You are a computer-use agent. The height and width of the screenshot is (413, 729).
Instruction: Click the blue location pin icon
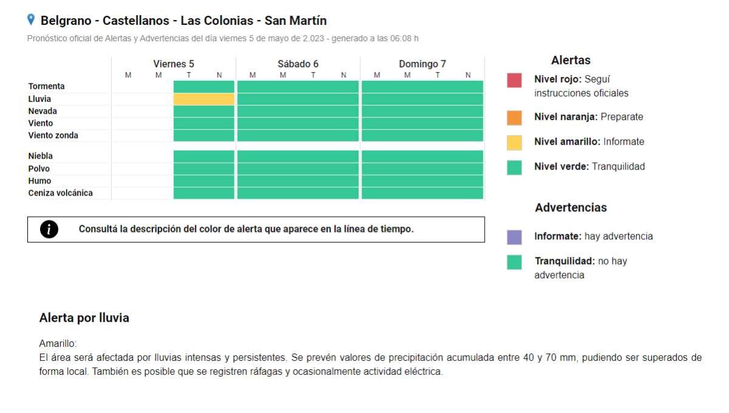coord(31,20)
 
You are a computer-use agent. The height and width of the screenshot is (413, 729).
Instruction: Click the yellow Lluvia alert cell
coord(204,99)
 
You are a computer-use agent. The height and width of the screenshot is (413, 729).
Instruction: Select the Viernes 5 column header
coord(174,64)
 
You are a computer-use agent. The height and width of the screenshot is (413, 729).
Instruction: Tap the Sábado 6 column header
coord(298,64)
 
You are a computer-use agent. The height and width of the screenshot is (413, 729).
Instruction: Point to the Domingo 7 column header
coord(422,64)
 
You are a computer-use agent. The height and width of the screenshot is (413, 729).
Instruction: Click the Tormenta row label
coord(46,86)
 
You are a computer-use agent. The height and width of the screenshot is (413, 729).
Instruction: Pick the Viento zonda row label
coord(53,135)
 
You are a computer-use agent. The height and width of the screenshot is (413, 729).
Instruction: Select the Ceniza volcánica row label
coord(60,193)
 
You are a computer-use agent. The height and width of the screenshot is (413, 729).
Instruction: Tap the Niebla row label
coord(40,156)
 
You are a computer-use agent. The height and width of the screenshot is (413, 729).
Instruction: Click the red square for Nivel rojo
coord(514,80)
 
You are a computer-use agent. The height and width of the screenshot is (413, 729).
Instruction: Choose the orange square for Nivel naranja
coord(514,117)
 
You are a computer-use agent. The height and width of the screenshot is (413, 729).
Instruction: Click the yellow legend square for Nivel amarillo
coord(514,142)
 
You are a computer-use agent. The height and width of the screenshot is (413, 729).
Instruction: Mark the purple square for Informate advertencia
coord(514,237)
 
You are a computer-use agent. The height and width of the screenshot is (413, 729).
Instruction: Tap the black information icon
coord(49,230)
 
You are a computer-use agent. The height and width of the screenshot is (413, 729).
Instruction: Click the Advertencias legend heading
coord(570,208)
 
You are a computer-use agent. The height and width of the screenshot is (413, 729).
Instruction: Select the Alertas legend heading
coord(570,60)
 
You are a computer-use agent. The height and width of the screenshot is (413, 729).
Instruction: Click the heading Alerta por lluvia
coord(84,318)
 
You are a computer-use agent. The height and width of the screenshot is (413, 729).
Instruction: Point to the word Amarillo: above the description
coord(58,344)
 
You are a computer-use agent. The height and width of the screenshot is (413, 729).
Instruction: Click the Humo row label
coord(39,181)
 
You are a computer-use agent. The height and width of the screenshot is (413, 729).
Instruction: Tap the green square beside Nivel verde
coord(514,167)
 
